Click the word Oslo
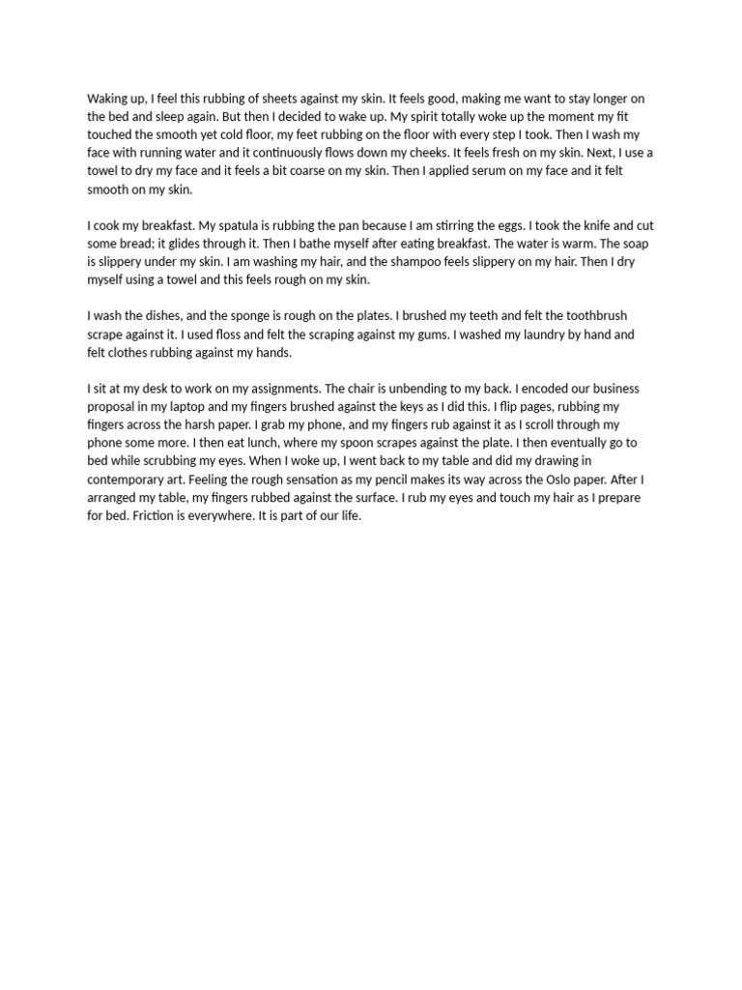[550, 479]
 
